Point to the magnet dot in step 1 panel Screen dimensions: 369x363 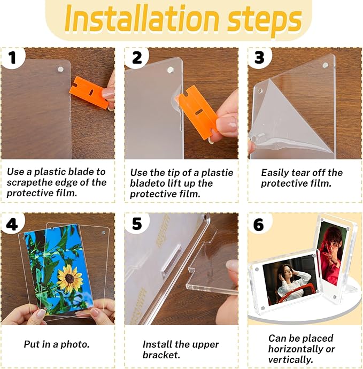(60, 69)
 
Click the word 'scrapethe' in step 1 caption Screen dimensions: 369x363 (27, 183)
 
